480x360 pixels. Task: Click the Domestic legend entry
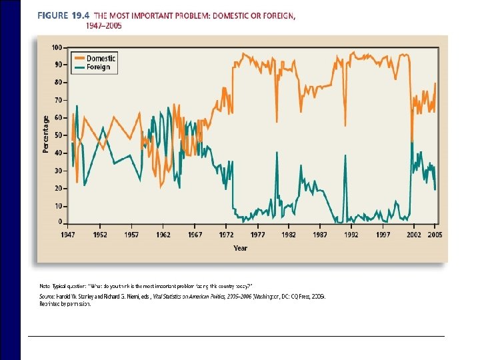100,58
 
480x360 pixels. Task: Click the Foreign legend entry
98,67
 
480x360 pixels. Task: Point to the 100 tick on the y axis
57,47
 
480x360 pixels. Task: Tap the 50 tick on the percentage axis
59,135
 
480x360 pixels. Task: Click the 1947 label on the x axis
68,235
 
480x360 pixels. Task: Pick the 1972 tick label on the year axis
226,235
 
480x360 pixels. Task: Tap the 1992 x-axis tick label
351,235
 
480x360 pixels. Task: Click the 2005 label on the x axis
434,235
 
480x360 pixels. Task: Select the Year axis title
240,248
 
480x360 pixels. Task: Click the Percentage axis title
46,134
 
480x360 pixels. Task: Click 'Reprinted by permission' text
65,303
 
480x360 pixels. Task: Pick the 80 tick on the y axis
59,83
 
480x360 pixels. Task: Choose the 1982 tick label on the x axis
289,235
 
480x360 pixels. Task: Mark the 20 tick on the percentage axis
59,188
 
